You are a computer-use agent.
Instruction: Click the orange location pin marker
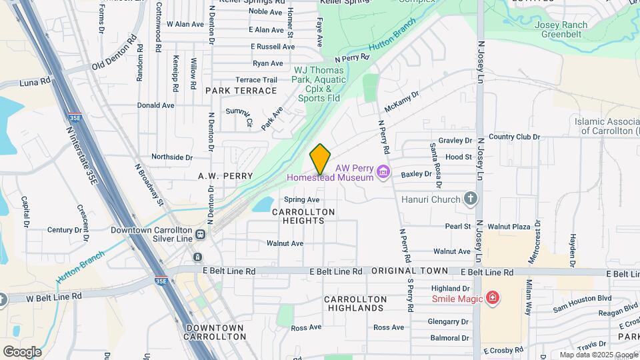coord(320,159)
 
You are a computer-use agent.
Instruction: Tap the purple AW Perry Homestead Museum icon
coord(383,173)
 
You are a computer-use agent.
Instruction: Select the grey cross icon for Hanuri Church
coord(471,199)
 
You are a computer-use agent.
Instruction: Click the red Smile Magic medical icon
coord(493,297)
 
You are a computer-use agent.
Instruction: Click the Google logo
coord(22,351)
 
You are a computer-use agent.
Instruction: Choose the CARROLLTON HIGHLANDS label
coord(355,303)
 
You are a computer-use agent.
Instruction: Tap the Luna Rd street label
coord(36,81)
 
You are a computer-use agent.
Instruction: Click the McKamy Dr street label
coord(401,103)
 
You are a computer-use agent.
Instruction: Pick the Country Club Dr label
coord(513,137)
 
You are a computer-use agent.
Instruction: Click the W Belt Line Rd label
coord(54,296)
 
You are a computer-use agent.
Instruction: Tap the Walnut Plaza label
coord(508,227)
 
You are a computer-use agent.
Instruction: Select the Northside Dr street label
coord(171,157)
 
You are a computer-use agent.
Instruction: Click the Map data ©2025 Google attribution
coord(598,355)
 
